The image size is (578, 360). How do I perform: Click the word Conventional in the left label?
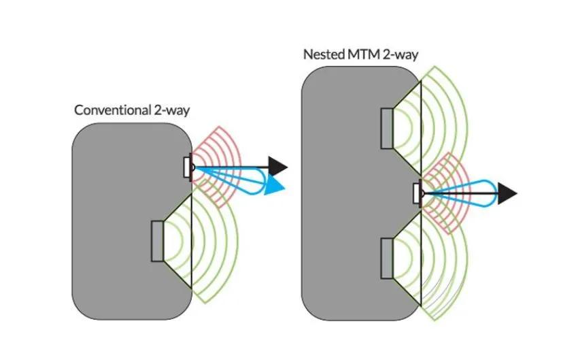(x=112, y=110)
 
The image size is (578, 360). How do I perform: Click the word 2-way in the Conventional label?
(x=171, y=110)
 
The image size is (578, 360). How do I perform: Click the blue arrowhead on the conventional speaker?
(x=275, y=184)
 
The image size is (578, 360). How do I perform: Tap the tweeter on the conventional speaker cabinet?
(x=187, y=167)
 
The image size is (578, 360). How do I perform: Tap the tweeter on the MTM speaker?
(x=417, y=193)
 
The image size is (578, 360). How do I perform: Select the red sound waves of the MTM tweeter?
(x=449, y=170)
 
